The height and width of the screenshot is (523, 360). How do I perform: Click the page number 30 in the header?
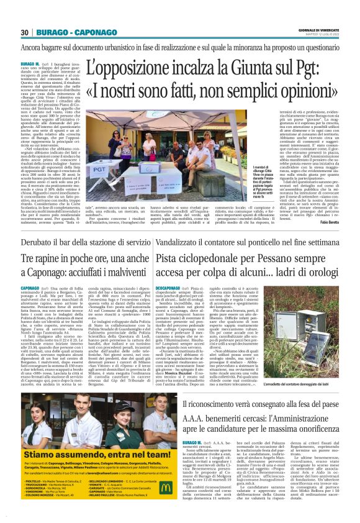pyautogui.click(x=24, y=32)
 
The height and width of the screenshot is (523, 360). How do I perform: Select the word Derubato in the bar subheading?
pyautogui.click(x=40, y=259)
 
